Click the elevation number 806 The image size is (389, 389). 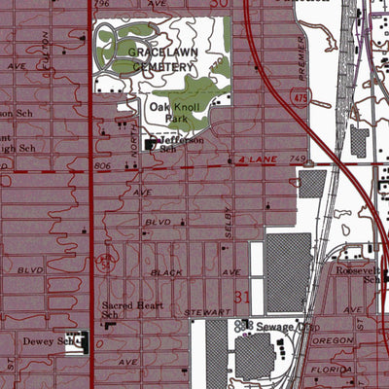(x=105, y=166)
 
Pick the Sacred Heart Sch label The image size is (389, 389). (x=124, y=308)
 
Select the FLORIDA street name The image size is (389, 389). (x=329, y=371)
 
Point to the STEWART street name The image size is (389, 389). (x=209, y=311)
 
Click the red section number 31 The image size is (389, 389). (x=243, y=293)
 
